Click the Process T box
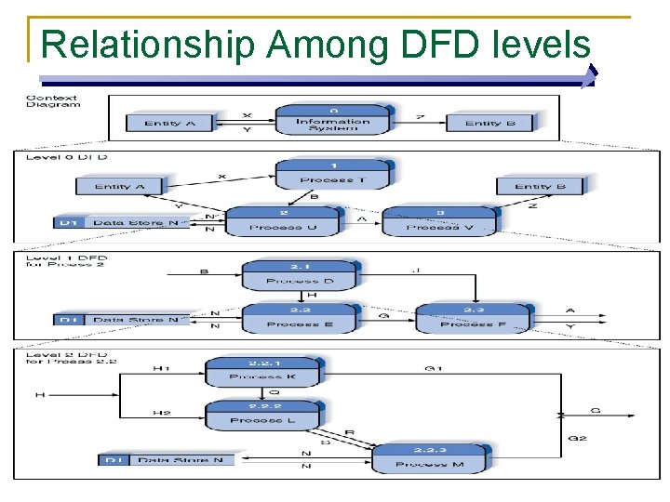coord(332,174)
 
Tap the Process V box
coord(440,221)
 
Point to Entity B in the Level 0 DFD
coord(540,186)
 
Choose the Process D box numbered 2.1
coord(299,275)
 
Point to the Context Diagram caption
coord(53,101)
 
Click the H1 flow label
coord(162,369)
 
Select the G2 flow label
coord(576,438)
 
